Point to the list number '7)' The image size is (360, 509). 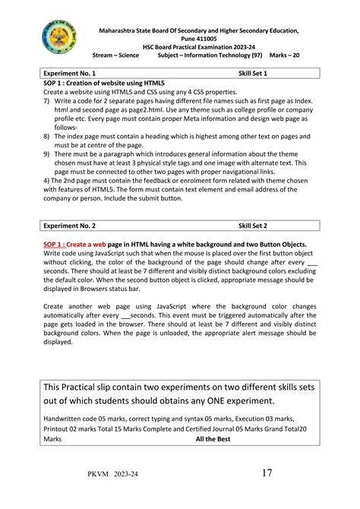[46, 100]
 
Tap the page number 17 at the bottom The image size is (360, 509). [267, 473]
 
